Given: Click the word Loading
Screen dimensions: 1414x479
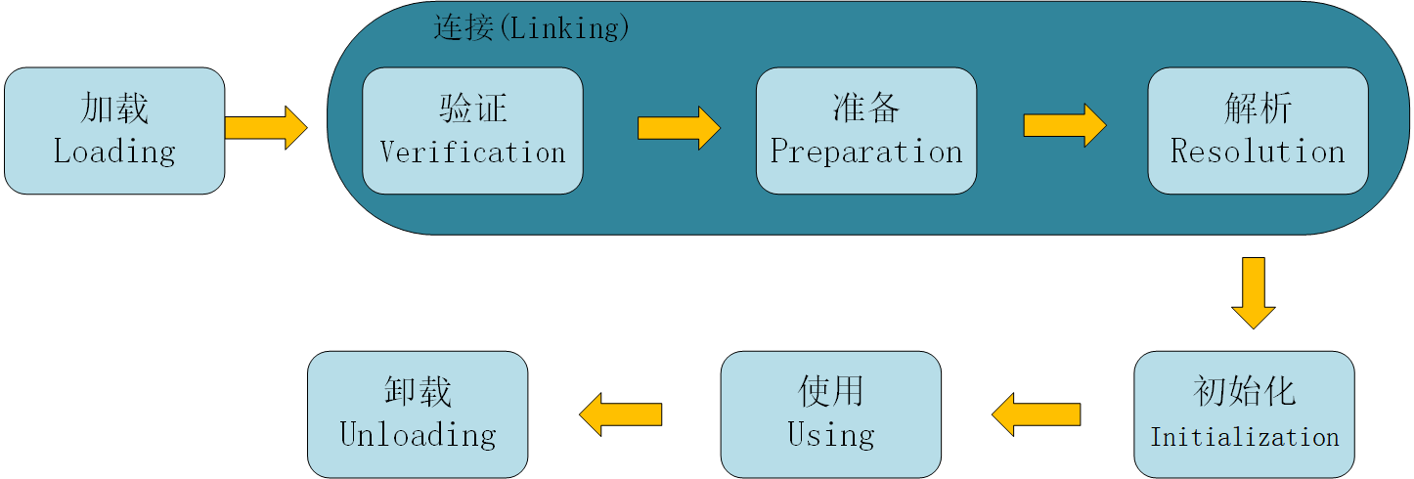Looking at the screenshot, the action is (x=114, y=152).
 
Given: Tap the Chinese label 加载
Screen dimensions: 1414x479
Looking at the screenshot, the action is (x=114, y=108).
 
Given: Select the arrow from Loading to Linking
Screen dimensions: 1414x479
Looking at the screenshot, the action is (x=266, y=127).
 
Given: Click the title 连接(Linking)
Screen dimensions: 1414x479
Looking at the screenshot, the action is (x=531, y=27).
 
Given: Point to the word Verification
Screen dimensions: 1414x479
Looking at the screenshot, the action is (x=472, y=152).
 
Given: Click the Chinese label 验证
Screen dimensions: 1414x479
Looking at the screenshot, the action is (x=473, y=108).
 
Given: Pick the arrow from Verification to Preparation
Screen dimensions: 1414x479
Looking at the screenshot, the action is (x=679, y=128).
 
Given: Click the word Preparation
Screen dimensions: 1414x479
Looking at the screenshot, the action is (x=866, y=152).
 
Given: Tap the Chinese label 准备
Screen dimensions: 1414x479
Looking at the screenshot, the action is (x=866, y=108).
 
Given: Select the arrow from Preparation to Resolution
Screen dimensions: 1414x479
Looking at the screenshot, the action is (x=1064, y=125).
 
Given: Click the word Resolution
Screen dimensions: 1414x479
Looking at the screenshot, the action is (x=1258, y=152).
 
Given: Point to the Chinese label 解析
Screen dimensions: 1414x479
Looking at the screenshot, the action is (x=1259, y=108).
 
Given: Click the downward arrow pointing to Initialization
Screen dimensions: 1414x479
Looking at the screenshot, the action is (x=1253, y=293).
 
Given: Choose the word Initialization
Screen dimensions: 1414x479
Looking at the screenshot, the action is (x=1244, y=437).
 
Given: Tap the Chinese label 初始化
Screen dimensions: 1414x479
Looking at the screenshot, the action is (x=1244, y=391).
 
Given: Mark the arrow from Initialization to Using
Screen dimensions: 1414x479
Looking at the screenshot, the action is (x=1036, y=414).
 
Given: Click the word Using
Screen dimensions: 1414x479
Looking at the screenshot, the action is (x=831, y=435).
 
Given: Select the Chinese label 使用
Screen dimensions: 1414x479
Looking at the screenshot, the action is (x=831, y=391).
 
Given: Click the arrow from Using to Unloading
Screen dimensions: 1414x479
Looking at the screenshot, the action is (x=621, y=414).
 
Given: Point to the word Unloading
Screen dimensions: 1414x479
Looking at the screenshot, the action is (x=418, y=435).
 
